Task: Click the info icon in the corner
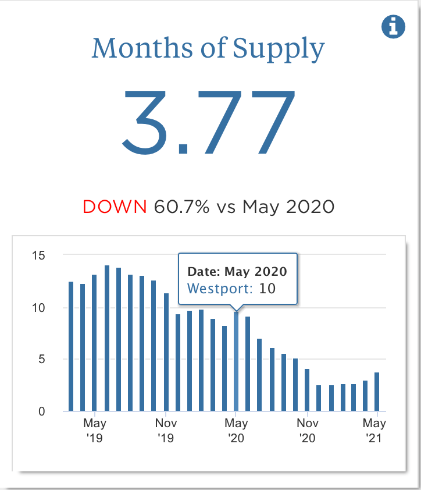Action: click(x=393, y=26)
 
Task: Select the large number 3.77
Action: click(x=209, y=122)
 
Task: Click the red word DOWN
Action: click(x=115, y=207)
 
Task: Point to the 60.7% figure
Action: click(x=181, y=207)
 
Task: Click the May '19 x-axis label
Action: click(x=94, y=430)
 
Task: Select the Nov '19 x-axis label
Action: click(x=166, y=430)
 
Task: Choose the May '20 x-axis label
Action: click(x=236, y=430)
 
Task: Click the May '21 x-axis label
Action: click(x=375, y=430)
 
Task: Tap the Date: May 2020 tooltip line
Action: click(x=237, y=271)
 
